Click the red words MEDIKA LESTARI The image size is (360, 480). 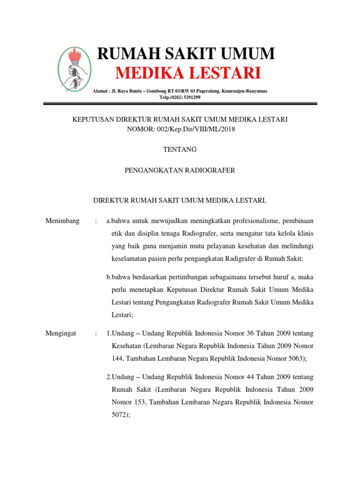[x=188, y=74]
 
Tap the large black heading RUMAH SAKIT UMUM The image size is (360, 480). [x=186, y=54]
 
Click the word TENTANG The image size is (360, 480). [x=180, y=150]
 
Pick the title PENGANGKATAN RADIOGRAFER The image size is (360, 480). [x=180, y=171]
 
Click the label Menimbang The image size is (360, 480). [x=62, y=221]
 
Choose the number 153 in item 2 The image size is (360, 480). [x=141, y=402]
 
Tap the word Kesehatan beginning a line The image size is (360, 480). [x=127, y=345]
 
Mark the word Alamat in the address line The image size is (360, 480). [x=101, y=91]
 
